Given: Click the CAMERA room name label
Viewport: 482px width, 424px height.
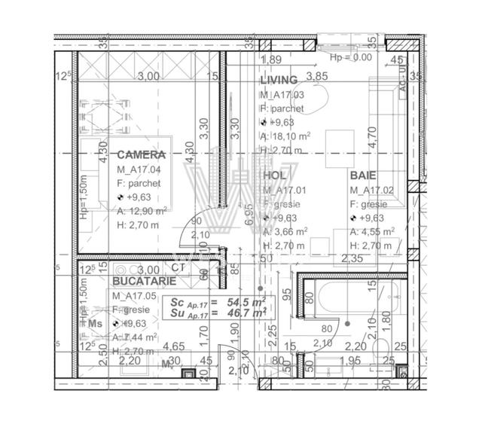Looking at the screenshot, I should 141,154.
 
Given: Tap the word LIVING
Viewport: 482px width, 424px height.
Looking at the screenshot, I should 279,80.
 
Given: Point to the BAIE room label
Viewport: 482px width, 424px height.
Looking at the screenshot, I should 364,175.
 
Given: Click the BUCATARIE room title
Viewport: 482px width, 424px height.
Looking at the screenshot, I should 145,280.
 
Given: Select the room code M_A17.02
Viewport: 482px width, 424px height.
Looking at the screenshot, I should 374,191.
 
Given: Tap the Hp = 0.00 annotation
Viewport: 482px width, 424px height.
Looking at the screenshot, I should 351,56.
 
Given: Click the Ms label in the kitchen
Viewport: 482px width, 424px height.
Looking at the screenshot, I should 94,323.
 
